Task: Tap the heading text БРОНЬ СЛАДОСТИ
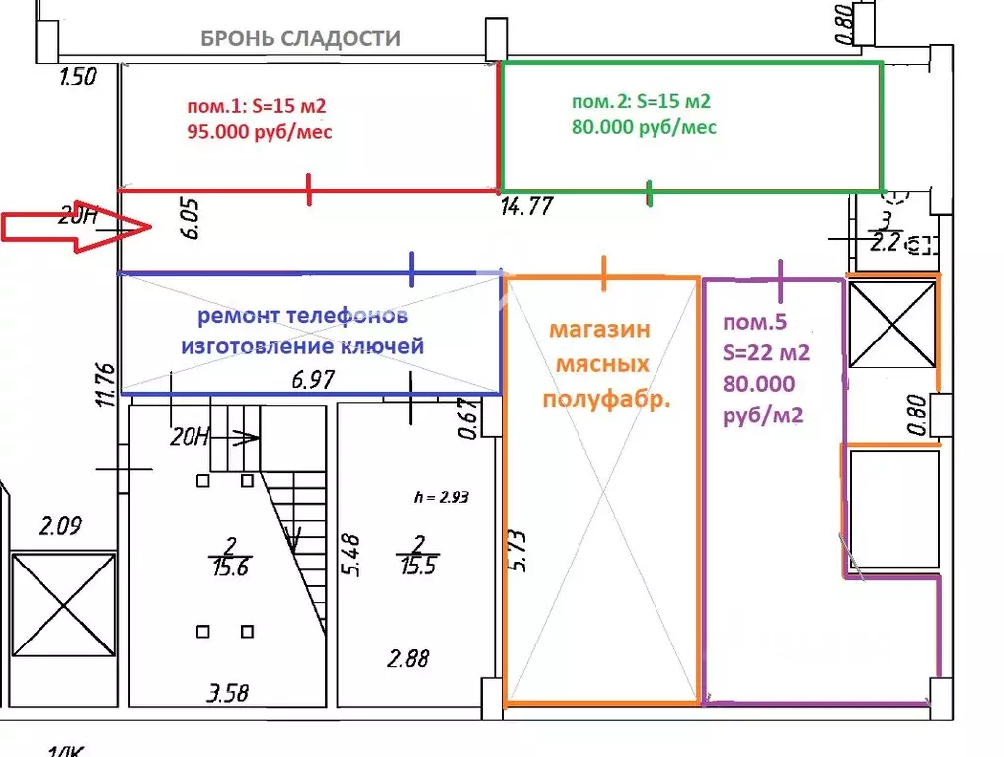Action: pos(300,38)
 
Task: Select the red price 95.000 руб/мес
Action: pos(258,131)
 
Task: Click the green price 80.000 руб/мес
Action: pos(644,127)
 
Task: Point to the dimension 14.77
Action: pos(526,207)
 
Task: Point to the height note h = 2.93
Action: pos(440,497)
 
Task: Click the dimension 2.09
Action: pos(61,527)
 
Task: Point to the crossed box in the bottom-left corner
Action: pos(62,602)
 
